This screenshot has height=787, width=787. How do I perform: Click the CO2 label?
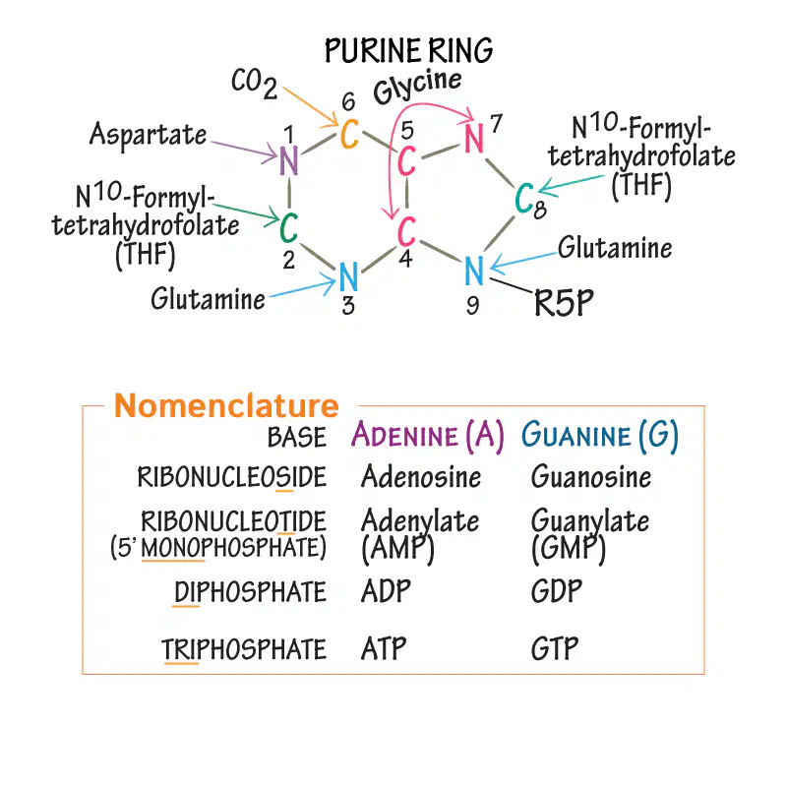254,84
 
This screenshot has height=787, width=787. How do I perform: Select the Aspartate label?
149,136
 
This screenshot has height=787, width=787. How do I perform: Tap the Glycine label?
417,87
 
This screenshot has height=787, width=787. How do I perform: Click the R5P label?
564,303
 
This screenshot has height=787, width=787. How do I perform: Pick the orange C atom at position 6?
350,135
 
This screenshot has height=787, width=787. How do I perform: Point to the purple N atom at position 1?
288,160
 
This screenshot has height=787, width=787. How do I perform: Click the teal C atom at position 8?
524,198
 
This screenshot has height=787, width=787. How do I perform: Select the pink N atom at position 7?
474,138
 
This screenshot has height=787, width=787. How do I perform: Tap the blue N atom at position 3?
348,276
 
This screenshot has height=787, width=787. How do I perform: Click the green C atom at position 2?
288,227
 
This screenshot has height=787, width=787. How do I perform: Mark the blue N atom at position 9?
474,271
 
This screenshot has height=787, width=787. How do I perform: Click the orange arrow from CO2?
310,106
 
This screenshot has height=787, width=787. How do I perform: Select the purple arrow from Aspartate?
244,150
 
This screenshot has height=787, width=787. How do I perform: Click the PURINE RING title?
408,51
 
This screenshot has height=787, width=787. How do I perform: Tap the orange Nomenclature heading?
226,405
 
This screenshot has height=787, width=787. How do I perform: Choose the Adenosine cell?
421,476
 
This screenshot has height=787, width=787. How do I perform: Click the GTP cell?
555,648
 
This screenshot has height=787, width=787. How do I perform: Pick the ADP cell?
386,591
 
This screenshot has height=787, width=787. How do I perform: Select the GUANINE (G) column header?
600,435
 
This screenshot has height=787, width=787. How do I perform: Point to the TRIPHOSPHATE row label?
244,649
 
